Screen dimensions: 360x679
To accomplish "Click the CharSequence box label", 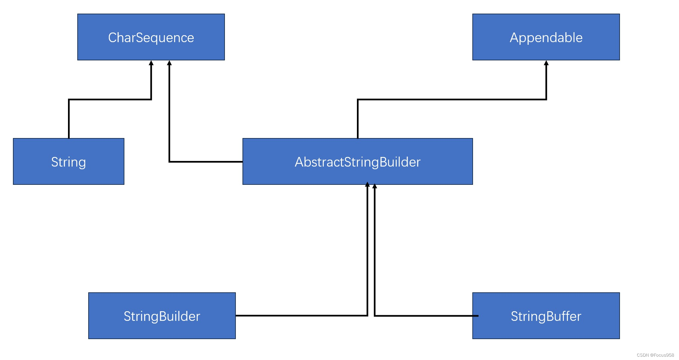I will click(151, 37).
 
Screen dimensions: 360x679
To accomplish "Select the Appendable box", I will click(546, 37).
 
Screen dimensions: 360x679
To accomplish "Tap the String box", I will click(68, 162).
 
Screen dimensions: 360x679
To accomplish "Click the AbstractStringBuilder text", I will click(358, 162).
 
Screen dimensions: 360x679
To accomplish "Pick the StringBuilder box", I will click(162, 316).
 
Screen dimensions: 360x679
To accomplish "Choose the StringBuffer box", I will click(546, 316).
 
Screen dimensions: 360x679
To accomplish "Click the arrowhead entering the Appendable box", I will click(546, 63).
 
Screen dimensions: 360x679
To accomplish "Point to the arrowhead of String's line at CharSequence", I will click(151, 63).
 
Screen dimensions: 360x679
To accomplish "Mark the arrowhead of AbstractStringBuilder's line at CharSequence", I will click(169, 63).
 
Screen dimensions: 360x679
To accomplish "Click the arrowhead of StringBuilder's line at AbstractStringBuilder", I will click(367, 184).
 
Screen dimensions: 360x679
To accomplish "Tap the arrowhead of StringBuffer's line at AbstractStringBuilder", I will click(374, 186).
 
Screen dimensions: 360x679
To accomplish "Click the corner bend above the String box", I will click(69, 99).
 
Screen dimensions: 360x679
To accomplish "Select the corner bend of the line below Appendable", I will click(546, 99).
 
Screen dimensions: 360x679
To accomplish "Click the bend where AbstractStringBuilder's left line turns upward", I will click(169, 162).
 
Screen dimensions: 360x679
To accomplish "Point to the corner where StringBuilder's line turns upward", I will click(367, 316).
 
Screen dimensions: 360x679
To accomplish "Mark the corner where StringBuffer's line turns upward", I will click(374, 316).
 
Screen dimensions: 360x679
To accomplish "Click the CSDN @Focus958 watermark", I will click(655, 355).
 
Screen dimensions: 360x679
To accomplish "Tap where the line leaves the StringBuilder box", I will click(236, 316).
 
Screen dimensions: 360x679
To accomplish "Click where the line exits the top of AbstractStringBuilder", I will click(358, 138).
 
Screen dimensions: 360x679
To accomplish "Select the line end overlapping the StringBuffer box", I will click(476, 316).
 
